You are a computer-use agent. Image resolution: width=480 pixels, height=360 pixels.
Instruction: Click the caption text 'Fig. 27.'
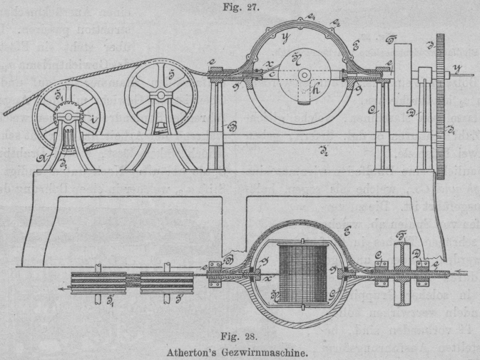click(x=239, y=8)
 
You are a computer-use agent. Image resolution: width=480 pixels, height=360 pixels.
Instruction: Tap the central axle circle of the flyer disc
click(x=303, y=75)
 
